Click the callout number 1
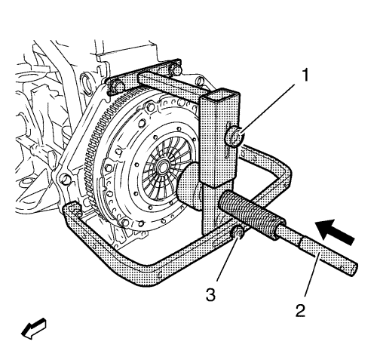[x=305, y=75]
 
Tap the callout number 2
[x=300, y=311]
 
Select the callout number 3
[x=210, y=295]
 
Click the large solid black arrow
[x=336, y=231]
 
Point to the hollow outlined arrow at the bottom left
[x=33, y=329]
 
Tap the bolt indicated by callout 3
[x=238, y=233]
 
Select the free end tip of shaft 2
[x=354, y=270]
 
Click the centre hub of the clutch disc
[x=161, y=166]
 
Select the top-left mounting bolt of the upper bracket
[x=116, y=85]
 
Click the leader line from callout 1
[x=267, y=109]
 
